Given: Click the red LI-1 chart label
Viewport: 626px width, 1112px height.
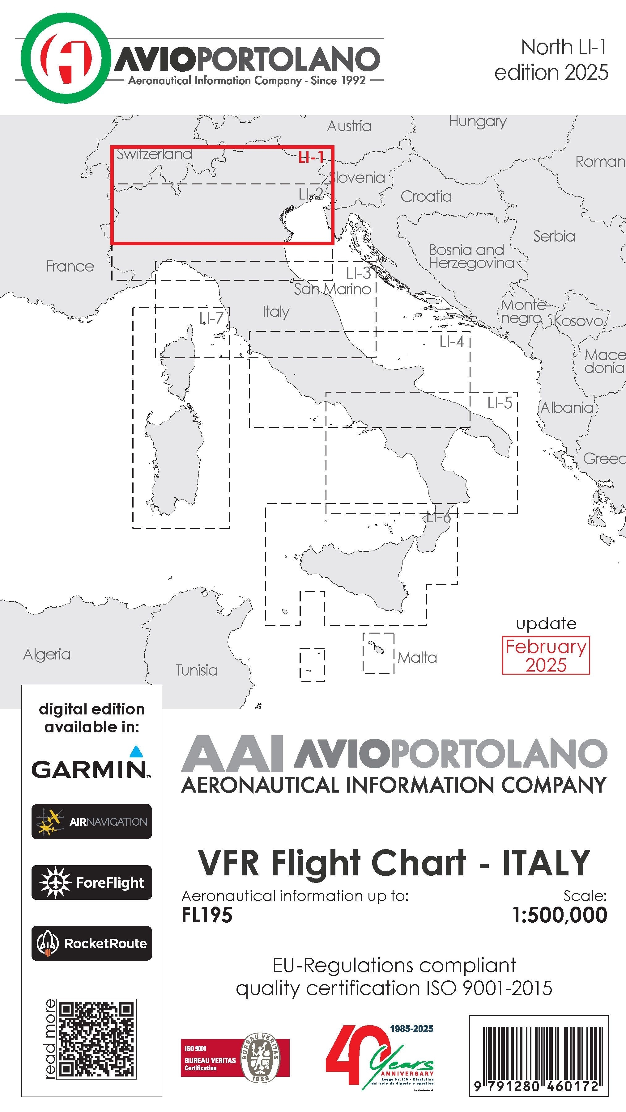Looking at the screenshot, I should point(311,158).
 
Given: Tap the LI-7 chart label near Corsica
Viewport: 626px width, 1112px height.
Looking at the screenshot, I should point(211,318).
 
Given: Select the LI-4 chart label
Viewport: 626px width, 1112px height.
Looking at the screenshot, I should point(451,342).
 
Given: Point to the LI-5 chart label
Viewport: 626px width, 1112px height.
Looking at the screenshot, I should point(500,403).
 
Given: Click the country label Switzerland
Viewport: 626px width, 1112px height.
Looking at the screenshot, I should point(154,154).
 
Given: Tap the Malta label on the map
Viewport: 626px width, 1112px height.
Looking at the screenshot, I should point(417,658).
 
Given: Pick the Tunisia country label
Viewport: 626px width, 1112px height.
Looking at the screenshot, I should point(197,670).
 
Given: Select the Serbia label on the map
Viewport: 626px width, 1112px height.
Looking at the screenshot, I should point(554,237).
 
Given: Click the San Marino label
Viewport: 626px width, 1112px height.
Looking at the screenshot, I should point(332,289).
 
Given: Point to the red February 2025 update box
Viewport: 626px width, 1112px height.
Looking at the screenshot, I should point(546,655).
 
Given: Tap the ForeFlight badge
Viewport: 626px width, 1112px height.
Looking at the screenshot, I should point(92,882).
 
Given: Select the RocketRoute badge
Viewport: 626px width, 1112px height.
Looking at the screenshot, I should point(92,943).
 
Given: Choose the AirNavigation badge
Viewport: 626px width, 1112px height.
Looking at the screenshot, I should point(92,821).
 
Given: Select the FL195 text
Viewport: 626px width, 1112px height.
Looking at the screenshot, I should point(207,915).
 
